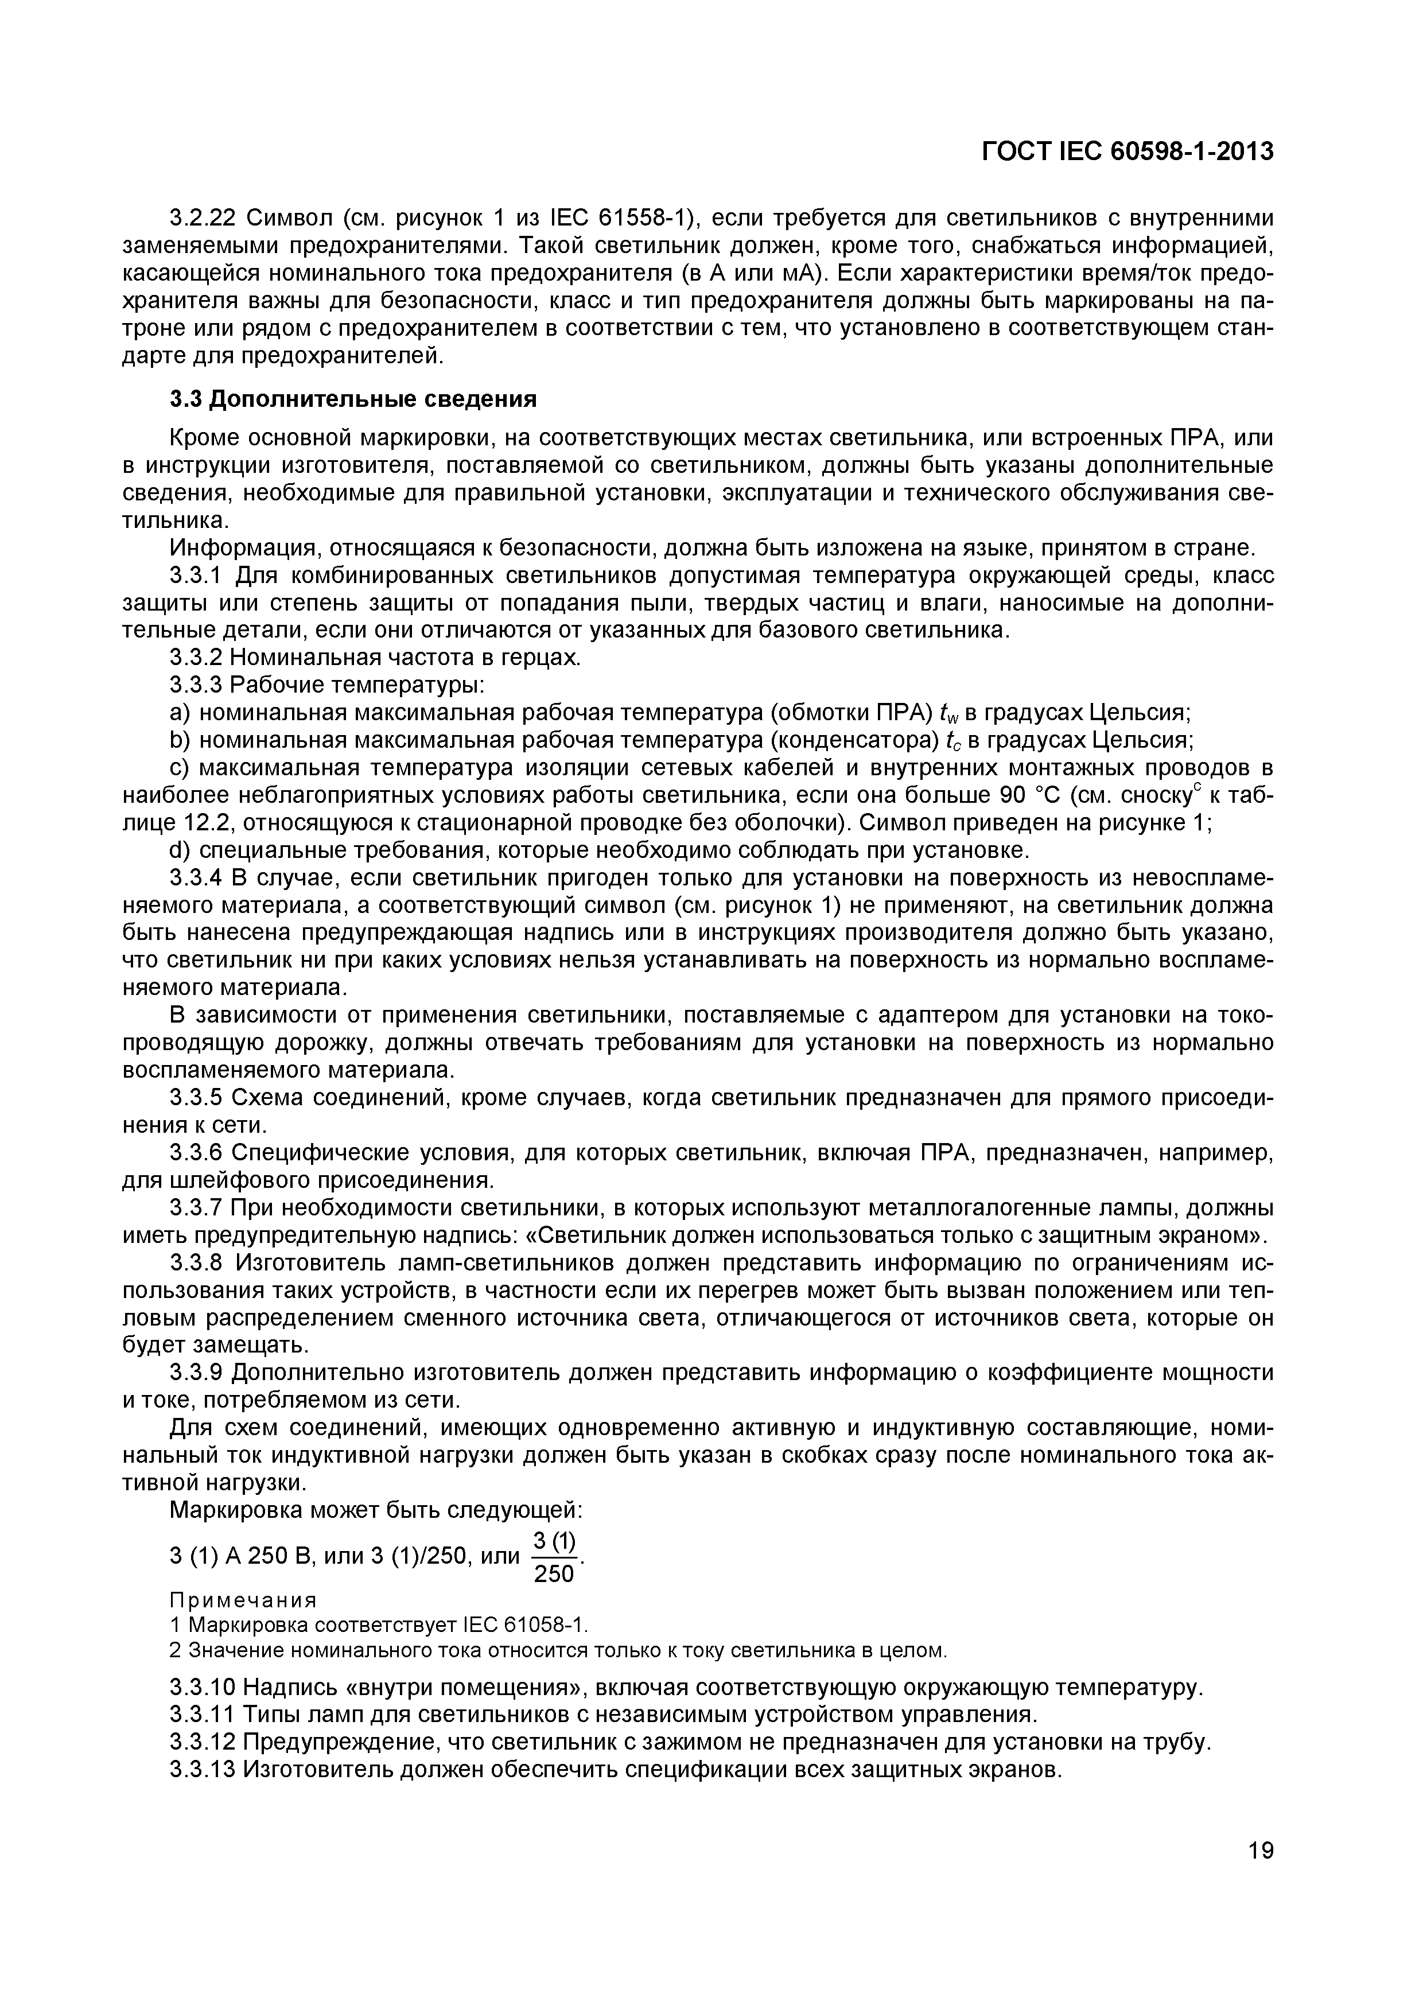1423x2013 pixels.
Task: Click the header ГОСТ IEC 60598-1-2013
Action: click(x=1127, y=151)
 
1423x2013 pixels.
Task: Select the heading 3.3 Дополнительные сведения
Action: click(x=352, y=400)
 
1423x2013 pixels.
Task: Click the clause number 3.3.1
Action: click(x=198, y=576)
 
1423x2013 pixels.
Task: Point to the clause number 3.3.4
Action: click(x=198, y=877)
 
